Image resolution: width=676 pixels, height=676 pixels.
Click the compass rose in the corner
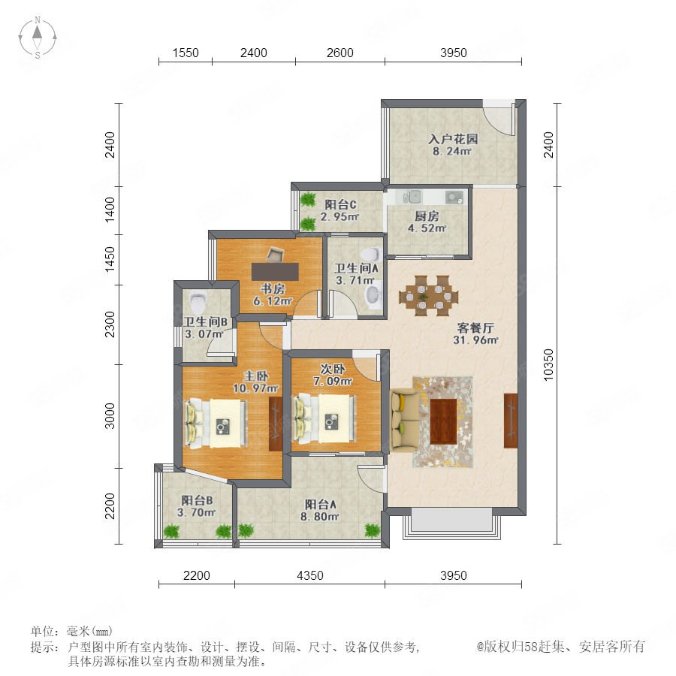[x=38, y=37]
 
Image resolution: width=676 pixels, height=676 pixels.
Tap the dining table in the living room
[x=429, y=296]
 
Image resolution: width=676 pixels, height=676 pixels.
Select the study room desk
[x=275, y=272]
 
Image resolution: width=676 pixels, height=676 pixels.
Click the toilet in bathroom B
[x=198, y=303]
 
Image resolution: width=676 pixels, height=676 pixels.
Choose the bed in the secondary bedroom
[x=324, y=418]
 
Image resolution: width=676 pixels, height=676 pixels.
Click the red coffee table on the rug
[x=443, y=421]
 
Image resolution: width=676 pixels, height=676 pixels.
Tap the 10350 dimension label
[x=548, y=365]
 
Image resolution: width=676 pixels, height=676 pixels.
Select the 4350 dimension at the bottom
[x=310, y=575]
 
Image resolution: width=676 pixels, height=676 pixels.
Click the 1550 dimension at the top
[x=186, y=53]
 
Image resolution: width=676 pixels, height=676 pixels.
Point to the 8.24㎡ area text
[x=452, y=151]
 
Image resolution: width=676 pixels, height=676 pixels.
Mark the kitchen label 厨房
[x=427, y=216]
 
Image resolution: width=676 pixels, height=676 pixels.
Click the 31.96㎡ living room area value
[x=475, y=340]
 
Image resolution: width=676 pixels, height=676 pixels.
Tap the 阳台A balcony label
[x=320, y=504]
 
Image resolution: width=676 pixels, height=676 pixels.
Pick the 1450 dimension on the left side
[x=110, y=259]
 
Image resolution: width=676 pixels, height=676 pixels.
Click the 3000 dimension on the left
[x=110, y=416]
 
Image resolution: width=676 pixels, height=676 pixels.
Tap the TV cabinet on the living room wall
[x=511, y=421]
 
